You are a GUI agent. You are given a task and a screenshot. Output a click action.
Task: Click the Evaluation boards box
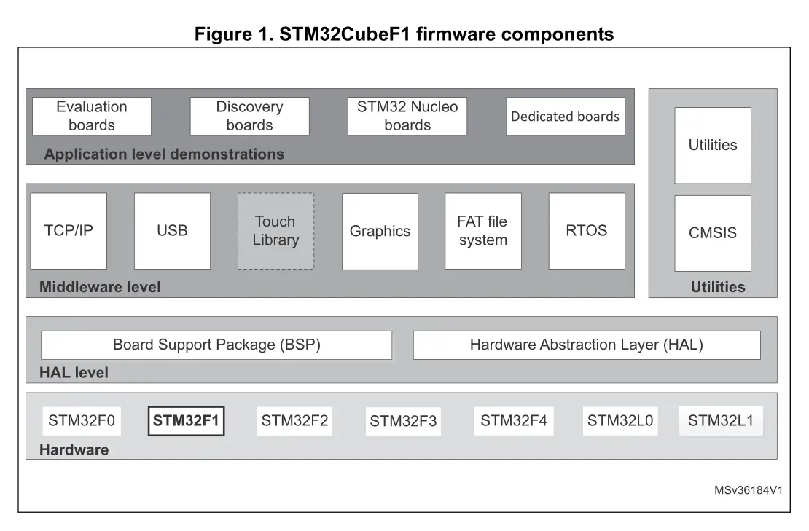[92, 116]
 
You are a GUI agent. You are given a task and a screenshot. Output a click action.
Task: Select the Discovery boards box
[249, 116]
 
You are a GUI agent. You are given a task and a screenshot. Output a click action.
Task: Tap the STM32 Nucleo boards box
[407, 116]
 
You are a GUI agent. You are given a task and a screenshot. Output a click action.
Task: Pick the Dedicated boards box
[565, 117]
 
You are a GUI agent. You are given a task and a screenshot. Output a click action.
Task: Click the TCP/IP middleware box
[69, 231]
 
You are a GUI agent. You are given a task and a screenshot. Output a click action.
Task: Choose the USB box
[172, 231]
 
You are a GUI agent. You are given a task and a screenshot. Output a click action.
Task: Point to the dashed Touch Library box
[275, 231]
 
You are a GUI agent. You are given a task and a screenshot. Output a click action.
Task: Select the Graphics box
[380, 232]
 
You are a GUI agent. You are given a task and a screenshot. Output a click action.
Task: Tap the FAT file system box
[482, 231]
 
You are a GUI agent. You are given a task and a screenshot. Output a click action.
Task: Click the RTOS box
[586, 231]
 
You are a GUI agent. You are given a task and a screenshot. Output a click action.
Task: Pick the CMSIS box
[712, 233]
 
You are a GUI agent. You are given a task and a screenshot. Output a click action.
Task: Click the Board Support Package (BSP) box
[216, 345]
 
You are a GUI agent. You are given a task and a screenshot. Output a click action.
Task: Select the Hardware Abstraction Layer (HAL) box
[586, 345]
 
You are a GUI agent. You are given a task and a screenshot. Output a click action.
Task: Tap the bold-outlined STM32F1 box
[186, 420]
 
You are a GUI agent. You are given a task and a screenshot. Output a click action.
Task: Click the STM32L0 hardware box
[620, 420]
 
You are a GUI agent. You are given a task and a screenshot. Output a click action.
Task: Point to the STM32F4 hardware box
[513, 420]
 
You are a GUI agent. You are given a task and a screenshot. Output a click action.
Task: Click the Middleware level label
[100, 287]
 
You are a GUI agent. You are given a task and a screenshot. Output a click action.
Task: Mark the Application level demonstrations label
[164, 154]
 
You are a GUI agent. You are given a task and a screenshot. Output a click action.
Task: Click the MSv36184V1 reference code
[748, 490]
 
